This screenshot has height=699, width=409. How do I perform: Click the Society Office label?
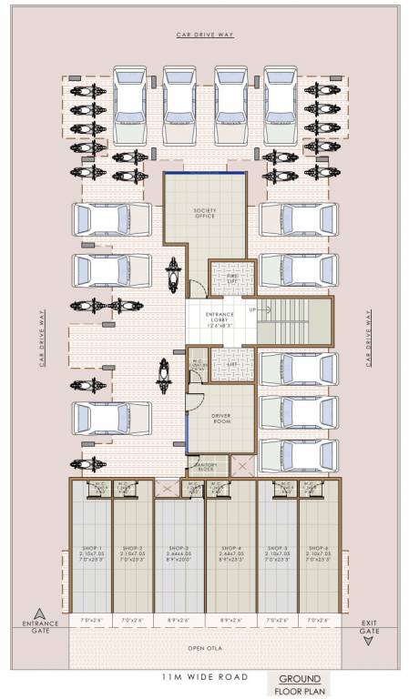(205, 214)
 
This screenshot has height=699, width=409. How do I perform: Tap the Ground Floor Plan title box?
(298, 684)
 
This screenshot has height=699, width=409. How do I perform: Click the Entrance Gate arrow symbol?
(39, 613)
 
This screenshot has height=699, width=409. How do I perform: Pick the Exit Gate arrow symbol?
(369, 640)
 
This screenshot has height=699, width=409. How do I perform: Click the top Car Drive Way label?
(205, 35)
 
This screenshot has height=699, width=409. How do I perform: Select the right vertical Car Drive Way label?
(369, 337)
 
